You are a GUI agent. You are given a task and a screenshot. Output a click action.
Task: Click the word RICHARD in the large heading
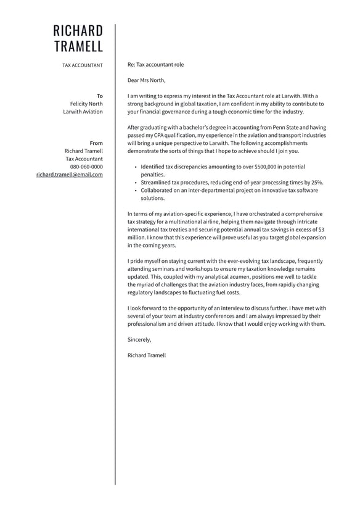coord(78,31)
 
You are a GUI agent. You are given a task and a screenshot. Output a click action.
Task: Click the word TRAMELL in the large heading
coord(78,46)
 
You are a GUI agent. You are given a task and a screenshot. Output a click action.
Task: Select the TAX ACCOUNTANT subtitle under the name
coord(83,65)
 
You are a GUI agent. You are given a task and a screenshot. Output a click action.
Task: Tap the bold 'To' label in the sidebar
coord(100,96)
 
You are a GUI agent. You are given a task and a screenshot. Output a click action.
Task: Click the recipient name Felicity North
coord(86,104)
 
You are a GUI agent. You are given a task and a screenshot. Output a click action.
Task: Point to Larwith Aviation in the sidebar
coord(83,112)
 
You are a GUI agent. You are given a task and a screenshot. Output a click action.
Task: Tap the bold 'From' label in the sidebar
coord(96,143)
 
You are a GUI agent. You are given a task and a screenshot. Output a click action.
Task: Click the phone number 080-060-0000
coord(86,167)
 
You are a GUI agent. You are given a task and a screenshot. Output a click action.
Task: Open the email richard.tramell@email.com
coord(69,175)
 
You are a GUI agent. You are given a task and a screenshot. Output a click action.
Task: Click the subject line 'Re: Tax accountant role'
coord(155,64)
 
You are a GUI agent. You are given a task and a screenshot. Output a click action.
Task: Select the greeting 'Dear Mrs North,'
coord(146,80)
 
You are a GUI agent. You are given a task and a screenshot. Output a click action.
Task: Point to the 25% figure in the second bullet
coord(317,183)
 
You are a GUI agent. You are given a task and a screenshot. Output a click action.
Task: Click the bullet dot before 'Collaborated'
coord(135,191)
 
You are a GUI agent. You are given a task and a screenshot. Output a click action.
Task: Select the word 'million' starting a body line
coord(136,237)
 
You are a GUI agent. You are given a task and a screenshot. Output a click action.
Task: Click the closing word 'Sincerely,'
coord(139,339)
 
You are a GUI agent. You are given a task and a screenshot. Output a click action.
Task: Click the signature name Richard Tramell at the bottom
coord(147,355)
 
